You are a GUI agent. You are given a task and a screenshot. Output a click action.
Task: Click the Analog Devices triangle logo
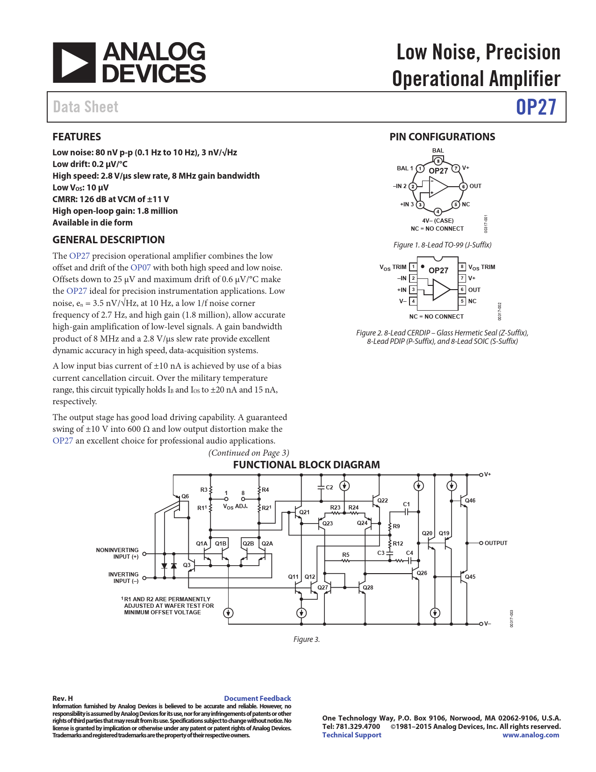[x=74, y=63]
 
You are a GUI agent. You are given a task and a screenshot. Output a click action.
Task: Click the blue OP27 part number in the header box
[x=536, y=107]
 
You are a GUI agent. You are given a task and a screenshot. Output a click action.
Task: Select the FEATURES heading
[x=77, y=137]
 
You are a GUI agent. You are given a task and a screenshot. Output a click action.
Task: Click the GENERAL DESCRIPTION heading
[x=108, y=240]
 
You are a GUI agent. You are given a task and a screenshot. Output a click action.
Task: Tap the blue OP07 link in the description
[x=140, y=268]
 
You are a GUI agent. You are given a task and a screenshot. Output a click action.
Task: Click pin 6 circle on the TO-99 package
[x=463, y=186]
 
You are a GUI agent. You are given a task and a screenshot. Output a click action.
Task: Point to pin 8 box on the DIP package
[x=462, y=267]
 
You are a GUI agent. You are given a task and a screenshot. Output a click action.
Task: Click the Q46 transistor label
[x=470, y=501]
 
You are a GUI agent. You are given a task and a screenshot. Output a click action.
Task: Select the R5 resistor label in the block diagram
[x=345, y=555]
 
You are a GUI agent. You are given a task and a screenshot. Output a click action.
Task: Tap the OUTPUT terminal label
[x=495, y=543]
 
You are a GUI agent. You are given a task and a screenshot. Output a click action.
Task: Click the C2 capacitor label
[x=330, y=488]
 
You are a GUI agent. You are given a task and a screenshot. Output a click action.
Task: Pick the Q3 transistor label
[x=187, y=565]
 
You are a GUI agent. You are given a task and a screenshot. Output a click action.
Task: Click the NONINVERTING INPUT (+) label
[x=117, y=554]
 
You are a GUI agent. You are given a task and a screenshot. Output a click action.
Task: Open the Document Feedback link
[x=257, y=699]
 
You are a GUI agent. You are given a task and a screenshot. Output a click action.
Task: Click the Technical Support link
[x=352, y=735]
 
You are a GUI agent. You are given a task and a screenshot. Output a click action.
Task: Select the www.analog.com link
[x=531, y=735]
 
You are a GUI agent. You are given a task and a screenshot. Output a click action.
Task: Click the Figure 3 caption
[x=307, y=640]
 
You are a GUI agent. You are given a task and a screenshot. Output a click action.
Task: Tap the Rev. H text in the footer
[x=63, y=699]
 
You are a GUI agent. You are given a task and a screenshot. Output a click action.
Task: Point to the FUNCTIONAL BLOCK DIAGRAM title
[x=306, y=465]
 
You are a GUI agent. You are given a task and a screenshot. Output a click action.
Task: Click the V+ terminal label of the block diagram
[x=488, y=474]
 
